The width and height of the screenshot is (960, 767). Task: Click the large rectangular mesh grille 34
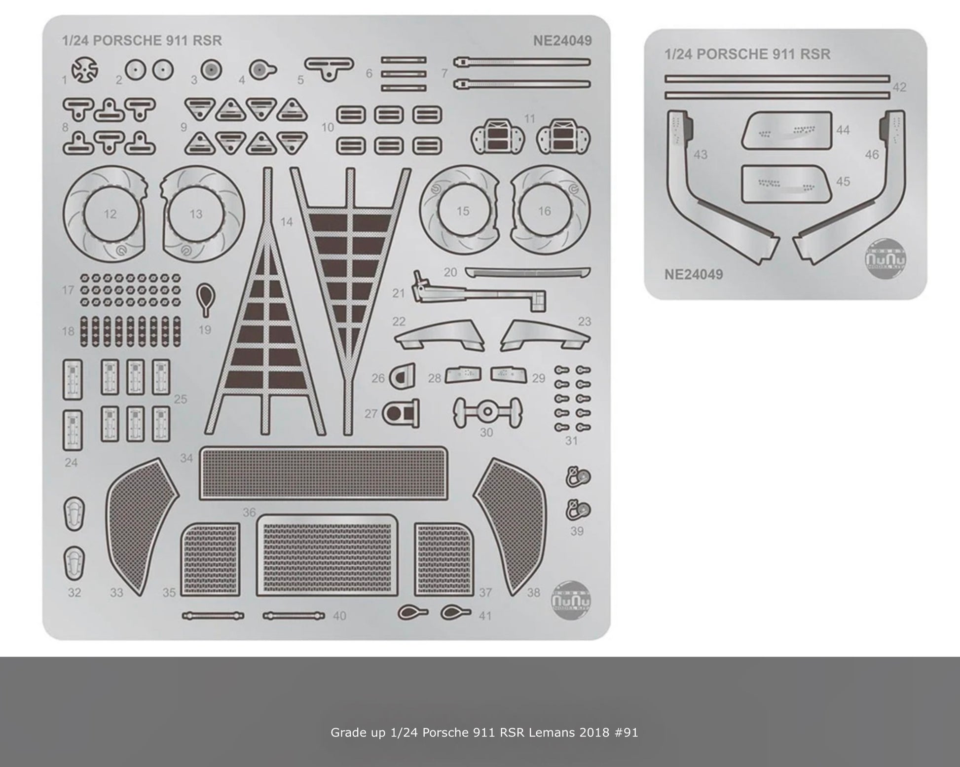point(324,474)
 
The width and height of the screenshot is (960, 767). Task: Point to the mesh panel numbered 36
point(327,555)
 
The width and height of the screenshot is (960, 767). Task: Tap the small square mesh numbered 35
point(210,559)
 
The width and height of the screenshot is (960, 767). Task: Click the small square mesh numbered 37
point(444,559)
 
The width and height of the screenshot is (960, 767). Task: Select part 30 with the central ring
point(487,411)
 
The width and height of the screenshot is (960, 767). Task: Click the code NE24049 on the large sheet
point(562,40)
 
